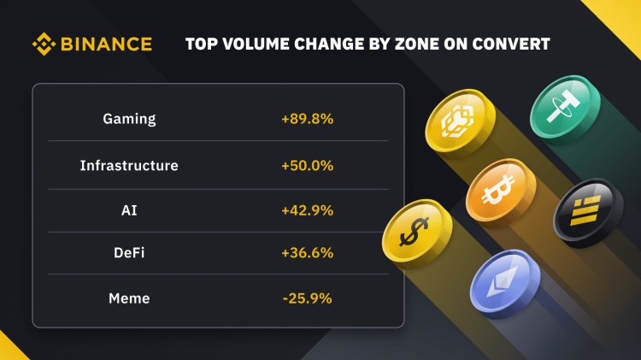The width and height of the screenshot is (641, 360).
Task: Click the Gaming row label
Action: pos(129,119)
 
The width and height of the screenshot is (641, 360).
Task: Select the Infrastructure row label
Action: pos(129,165)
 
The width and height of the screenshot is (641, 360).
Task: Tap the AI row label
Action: pos(129,210)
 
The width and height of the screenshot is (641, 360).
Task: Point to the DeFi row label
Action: pos(129,253)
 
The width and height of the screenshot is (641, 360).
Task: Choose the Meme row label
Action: pos(129,298)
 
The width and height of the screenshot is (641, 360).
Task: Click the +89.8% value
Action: pos(307,119)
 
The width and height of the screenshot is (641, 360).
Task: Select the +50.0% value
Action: pos(307,165)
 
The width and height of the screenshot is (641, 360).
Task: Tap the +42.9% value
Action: pos(307,210)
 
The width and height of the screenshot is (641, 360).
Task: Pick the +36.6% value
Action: pos(307,253)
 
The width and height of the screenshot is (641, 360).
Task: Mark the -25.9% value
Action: pos(307,298)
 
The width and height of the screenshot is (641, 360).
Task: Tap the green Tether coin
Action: pos(563,110)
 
